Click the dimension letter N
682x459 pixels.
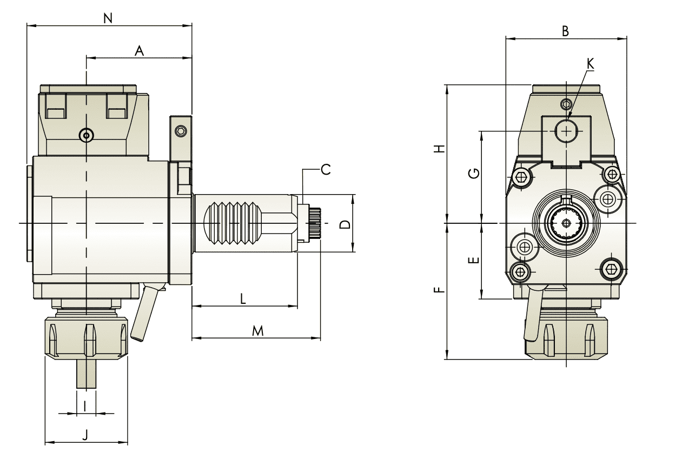(x=108, y=18)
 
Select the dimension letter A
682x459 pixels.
(x=139, y=51)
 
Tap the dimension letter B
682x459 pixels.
(x=565, y=31)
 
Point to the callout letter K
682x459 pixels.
(x=590, y=64)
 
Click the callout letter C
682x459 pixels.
(x=326, y=170)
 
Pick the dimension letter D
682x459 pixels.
(x=345, y=224)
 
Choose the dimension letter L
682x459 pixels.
(x=243, y=299)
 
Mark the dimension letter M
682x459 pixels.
(x=258, y=331)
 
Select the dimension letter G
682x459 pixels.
(x=474, y=174)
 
